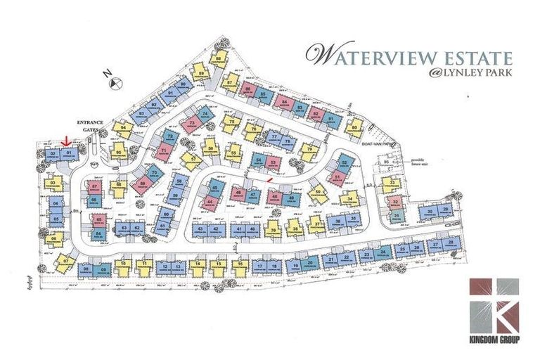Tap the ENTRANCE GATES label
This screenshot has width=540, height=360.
point(91,125)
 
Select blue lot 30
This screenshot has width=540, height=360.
point(430,212)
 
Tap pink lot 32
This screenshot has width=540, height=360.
point(395,202)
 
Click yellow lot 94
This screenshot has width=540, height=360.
point(123,128)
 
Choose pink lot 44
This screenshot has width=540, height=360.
point(209,202)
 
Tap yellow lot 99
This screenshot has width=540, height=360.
point(355,127)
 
